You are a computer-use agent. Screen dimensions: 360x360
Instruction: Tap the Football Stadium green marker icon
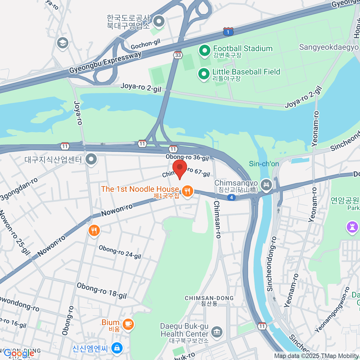pyautogui.click(x=205, y=51)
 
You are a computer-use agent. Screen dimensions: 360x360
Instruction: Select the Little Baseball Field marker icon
pyautogui.click(x=204, y=74)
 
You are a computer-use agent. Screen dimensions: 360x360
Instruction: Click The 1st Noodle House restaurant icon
pyautogui.click(x=187, y=191)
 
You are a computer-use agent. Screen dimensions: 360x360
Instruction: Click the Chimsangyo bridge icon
pyautogui.click(x=266, y=184)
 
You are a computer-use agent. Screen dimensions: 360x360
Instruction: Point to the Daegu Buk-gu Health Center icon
pyautogui.click(x=216, y=332)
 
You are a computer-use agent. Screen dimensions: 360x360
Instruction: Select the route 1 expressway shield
pyautogui.click(x=228, y=31)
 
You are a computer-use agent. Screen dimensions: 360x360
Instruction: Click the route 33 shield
pyautogui.click(x=178, y=55)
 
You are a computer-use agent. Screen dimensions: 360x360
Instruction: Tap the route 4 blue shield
pyautogui.click(x=231, y=197)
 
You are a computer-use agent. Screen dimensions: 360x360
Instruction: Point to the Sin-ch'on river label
pyautogui.click(x=264, y=164)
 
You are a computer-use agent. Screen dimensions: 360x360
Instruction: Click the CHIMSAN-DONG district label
pyautogui.click(x=209, y=298)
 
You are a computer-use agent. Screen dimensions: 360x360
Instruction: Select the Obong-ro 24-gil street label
pyautogui.click(x=120, y=252)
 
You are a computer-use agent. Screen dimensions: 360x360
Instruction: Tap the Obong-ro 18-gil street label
pyautogui.click(x=102, y=290)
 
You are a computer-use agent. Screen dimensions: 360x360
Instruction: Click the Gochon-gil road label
pyautogui.click(x=145, y=44)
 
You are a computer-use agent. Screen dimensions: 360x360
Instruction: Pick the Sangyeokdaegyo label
pyautogui.click(x=329, y=47)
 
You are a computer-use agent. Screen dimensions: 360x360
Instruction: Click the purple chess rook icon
pyautogui.click(x=352, y=227)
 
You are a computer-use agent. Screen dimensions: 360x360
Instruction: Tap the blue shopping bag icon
pyautogui.click(x=117, y=348)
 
